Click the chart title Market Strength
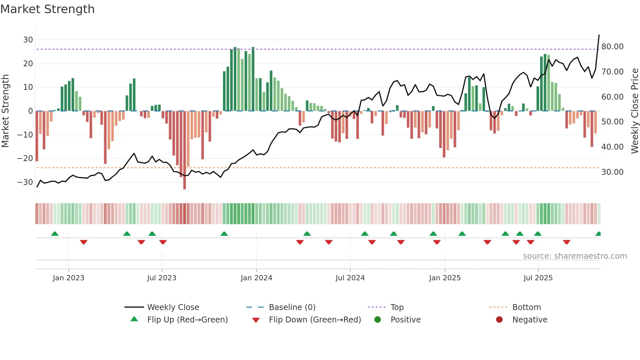point(47,9)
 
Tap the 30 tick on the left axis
point(28,40)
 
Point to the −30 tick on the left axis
point(25,182)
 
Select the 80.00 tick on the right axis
point(612,47)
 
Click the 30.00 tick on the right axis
point(612,172)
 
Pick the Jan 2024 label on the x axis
point(256,278)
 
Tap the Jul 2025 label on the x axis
point(538,278)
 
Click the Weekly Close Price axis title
point(634,111)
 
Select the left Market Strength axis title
point(6,111)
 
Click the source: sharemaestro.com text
point(575,256)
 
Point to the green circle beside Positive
point(377,320)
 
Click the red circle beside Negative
point(499,320)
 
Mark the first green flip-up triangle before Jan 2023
point(55,234)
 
